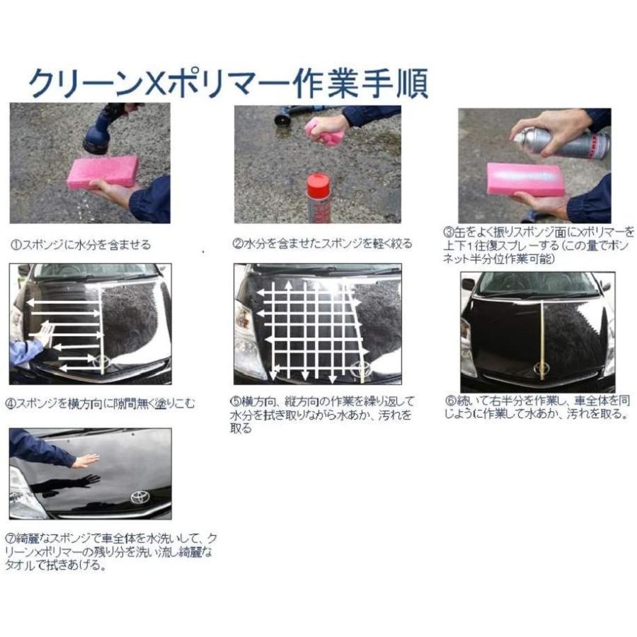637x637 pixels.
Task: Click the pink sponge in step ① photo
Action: pos(102,172)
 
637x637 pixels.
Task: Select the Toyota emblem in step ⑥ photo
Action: pos(542,369)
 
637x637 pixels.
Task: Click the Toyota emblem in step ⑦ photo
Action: pos(140,497)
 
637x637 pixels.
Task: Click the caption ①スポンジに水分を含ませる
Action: pos(81,245)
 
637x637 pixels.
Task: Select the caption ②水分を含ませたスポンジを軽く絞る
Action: pos(323,243)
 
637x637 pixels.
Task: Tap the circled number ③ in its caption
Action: pos(448,232)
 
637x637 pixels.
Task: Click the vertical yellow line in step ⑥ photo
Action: pos(541,333)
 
